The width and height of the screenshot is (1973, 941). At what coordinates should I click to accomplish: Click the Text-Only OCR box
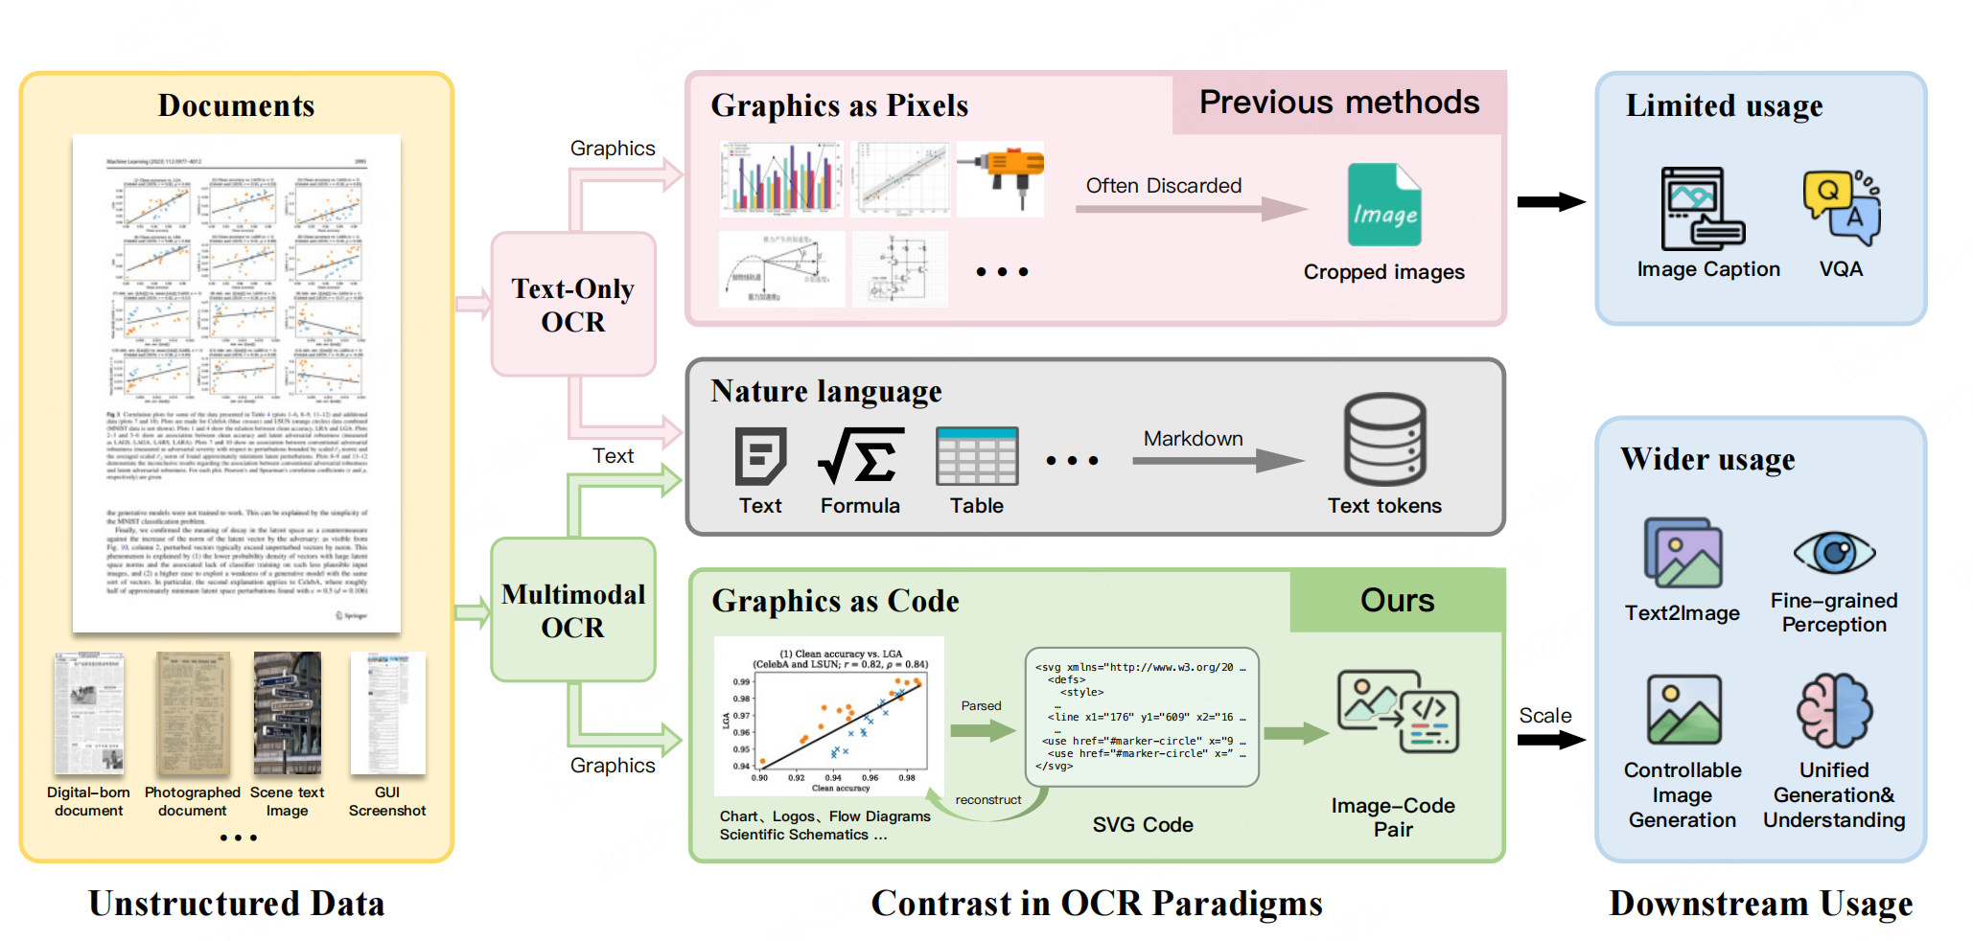click(573, 305)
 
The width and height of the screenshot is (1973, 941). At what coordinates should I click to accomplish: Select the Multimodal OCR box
click(573, 610)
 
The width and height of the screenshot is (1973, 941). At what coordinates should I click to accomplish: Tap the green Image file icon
click(1383, 205)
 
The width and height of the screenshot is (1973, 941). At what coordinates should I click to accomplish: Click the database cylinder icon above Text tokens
click(1384, 440)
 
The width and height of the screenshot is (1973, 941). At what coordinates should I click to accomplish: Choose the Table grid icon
click(977, 456)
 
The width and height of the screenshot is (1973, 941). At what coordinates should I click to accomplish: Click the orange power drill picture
click(1001, 176)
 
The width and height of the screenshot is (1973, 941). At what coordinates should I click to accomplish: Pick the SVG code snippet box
click(1142, 717)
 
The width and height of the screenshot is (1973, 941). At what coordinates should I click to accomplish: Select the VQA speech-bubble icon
click(1842, 207)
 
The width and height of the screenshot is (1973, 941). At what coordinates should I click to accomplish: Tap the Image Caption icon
click(1703, 209)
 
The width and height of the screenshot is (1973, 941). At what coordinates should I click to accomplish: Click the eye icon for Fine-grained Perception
click(1834, 553)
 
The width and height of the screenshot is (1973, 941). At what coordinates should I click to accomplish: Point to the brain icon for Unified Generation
click(1834, 711)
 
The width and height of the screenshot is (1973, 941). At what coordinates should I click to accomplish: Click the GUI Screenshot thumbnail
click(387, 713)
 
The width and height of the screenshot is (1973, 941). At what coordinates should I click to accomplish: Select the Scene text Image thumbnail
click(287, 713)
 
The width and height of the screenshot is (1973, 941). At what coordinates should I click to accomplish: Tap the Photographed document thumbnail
click(193, 713)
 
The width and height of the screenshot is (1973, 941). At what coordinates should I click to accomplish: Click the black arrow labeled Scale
click(1550, 740)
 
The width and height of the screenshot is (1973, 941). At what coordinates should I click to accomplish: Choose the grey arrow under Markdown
click(1217, 461)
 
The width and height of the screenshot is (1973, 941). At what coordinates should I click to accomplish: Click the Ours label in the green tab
click(1397, 601)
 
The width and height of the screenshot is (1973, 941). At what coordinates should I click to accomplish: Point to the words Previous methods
click(1339, 103)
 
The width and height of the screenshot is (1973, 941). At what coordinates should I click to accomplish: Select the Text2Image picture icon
click(1683, 553)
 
